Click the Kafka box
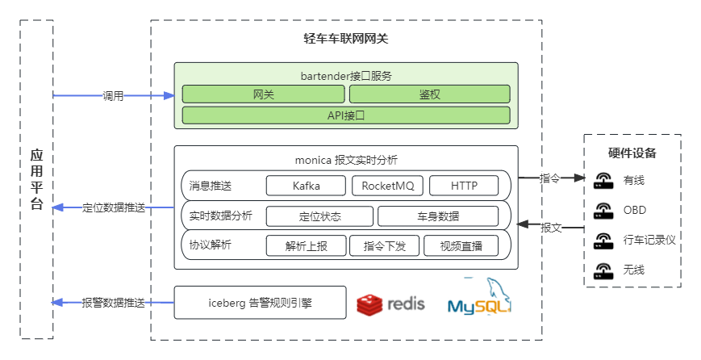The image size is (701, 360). [x=306, y=186]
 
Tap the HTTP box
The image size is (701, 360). [x=463, y=186]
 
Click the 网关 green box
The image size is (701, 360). [x=263, y=94]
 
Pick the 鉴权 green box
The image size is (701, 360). [x=429, y=94]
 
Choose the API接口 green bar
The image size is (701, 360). [x=346, y=115]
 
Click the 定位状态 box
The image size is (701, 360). [x=319, y=216]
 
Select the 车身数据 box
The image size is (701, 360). [x=437, y=216]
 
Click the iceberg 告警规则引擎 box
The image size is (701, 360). [x=260, y=303]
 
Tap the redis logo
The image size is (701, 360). [x=390, y=304]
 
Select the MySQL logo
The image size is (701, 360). [x=481, y=299]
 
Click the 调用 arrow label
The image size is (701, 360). [x=113, y=96]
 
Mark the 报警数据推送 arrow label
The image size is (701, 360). [x=113, y=303]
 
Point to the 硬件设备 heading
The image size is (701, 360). [x=632, y=153]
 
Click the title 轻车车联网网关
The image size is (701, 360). [x=345, y=39]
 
